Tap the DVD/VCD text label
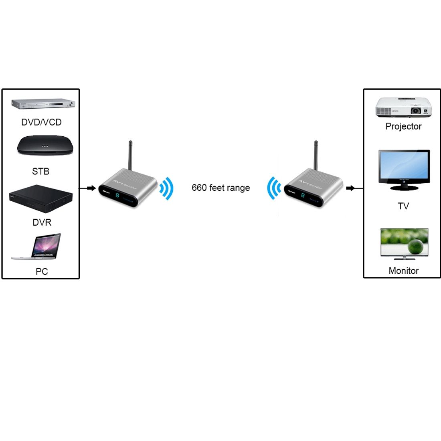(41, 122)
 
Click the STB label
(40, 172)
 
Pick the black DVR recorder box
(40, 198)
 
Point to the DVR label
(42, 223)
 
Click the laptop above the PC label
(38, 246)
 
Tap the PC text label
(42, 272)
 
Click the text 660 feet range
(220, 188)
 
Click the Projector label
(403, 126)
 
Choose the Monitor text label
(403, 271)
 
